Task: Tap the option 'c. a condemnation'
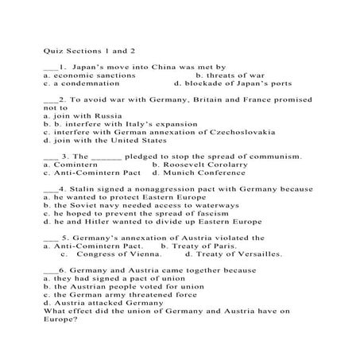(82, 83)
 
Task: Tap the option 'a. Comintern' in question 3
(70, 165)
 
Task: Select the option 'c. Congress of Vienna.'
(106, 254)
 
